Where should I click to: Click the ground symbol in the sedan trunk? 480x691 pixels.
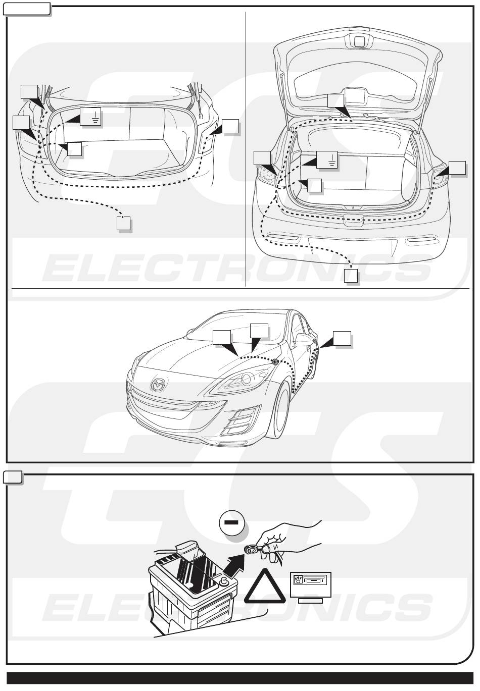(x=94, y=117)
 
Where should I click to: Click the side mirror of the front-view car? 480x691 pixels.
(x=303, y=341)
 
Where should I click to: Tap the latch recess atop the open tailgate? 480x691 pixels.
(x=360, y=41)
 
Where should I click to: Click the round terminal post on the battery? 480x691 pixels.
(x=224, y=583)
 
